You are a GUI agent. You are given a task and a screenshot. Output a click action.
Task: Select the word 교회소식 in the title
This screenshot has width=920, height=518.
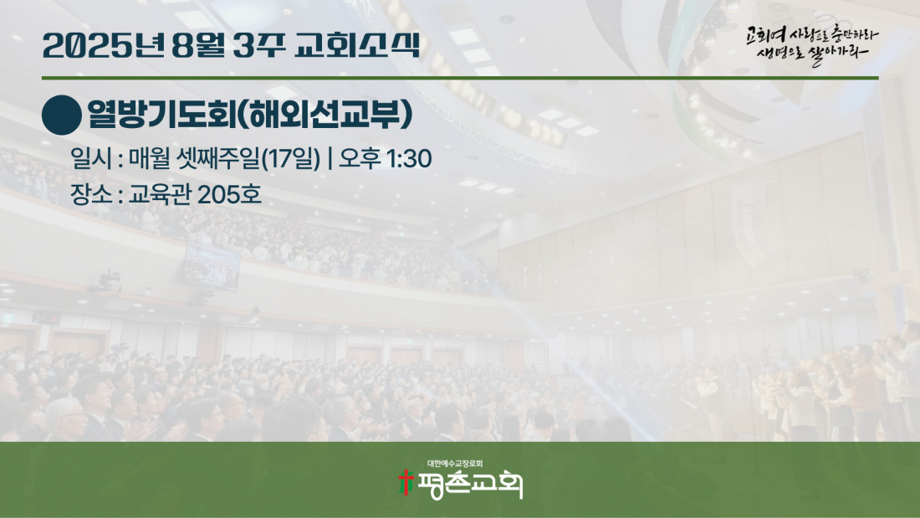(357, 45)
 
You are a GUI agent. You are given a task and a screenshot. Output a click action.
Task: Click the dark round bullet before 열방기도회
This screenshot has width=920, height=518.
(62, 115)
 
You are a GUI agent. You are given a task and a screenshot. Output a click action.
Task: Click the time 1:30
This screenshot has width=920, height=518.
(410, 158)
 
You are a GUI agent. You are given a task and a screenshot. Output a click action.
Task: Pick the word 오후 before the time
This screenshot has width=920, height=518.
(360, 158)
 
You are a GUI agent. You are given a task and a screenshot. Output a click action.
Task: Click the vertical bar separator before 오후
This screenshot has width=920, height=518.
(330, 158)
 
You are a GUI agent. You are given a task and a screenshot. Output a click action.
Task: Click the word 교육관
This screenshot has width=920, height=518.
(160, 194)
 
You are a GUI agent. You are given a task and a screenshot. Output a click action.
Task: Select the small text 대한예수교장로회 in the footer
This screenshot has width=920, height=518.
(455, 464)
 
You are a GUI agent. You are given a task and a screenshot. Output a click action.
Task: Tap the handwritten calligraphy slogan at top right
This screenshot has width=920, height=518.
(812, 44)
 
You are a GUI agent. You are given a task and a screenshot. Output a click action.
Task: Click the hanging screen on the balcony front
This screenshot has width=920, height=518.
(212, 266)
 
